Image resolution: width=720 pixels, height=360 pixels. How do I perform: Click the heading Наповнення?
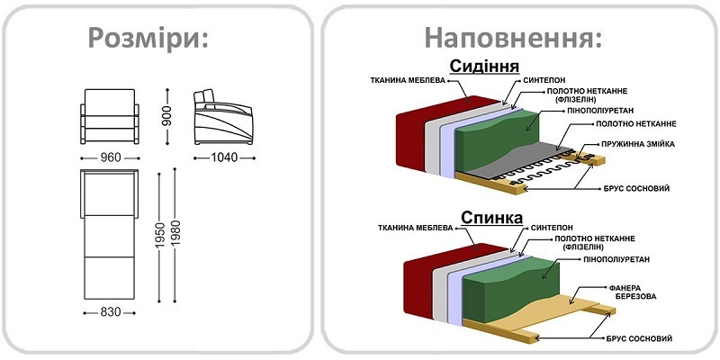click(x=513, y=38)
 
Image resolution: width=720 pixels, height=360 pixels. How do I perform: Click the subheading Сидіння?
click(x=484, y=67)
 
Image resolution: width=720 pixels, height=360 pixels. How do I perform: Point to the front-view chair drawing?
click(x=111, y=117)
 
